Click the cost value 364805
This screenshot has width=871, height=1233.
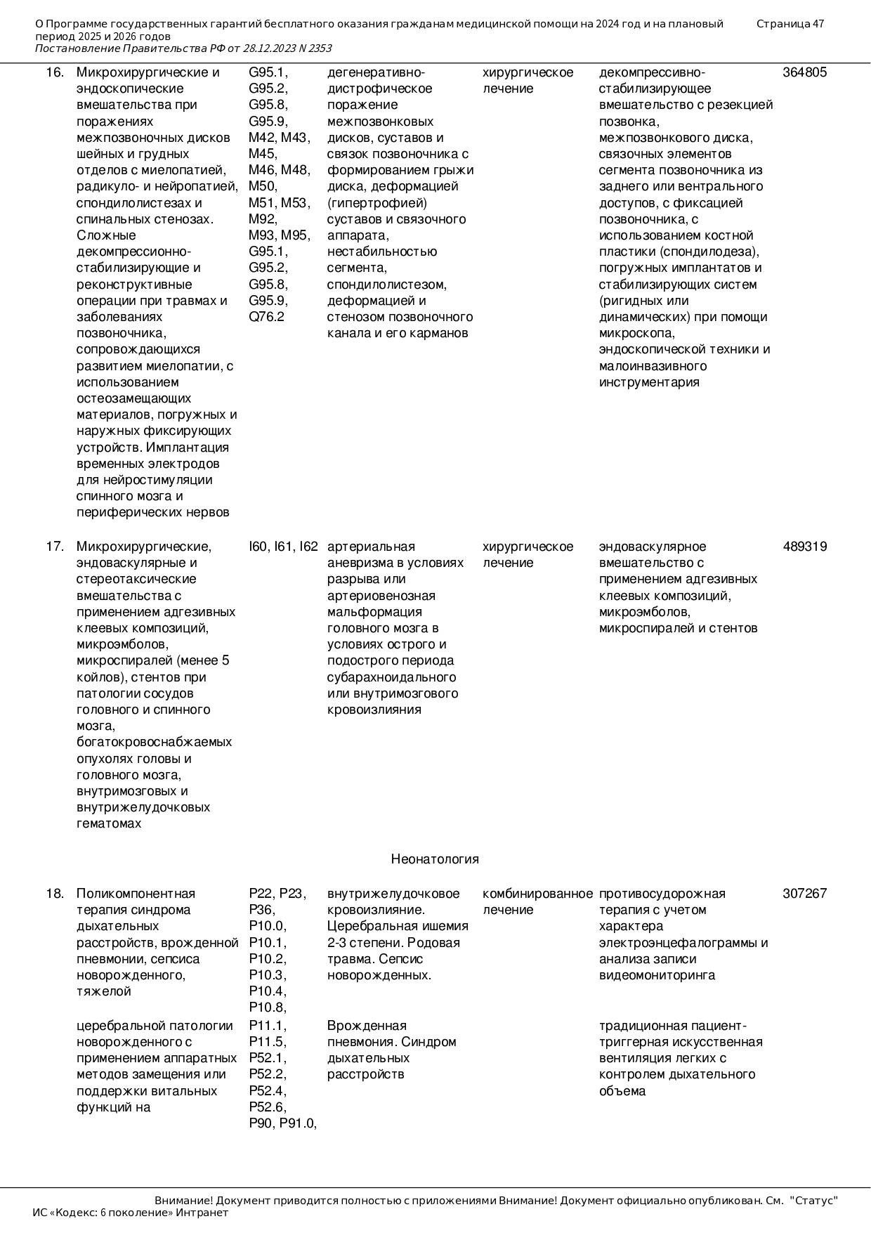[x=804, y=72]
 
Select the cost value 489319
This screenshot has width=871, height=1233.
[x=804, y=547]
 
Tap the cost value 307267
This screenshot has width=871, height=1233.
[x=804, y=894]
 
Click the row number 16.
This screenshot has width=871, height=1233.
[x=55, y=72]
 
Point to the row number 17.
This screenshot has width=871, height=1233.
[x=55, y=547]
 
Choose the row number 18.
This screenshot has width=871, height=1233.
[x=55, y=894]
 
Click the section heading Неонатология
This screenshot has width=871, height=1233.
[x=435, y=859]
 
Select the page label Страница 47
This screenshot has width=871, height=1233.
[x=790, y=24]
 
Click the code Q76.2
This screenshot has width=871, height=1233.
[x=266, y=317]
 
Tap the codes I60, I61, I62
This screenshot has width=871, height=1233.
[x=283, y=547]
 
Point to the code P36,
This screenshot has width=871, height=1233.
[x=262, y=910]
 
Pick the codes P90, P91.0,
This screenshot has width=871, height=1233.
[x=282, y=1123]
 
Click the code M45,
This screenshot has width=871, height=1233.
[x=263, y=154]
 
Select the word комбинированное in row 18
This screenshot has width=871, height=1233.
[x=537, y=894]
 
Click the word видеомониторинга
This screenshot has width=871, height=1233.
[x=657, y=975]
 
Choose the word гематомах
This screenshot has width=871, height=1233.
[x=109, y=823]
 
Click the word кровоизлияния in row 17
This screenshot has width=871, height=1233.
[x=374, y=710]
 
